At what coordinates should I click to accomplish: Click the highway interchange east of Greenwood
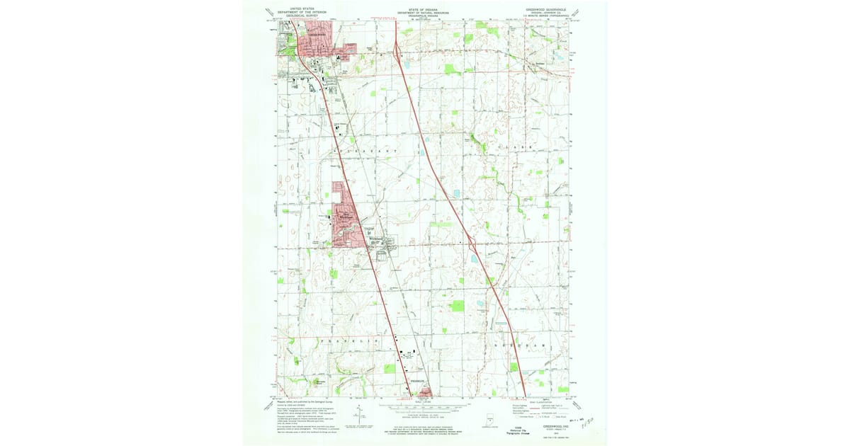[397, 52]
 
